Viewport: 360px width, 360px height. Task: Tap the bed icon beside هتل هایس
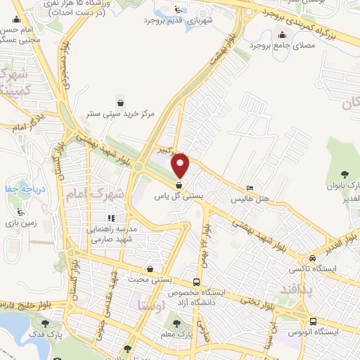pyautogui.click(x=251, y=188)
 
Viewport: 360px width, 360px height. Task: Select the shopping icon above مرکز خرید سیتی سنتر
pyautogui.click(x=121, y=102)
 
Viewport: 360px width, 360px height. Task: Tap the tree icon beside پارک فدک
pyautogui.click(x=46, y=324)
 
